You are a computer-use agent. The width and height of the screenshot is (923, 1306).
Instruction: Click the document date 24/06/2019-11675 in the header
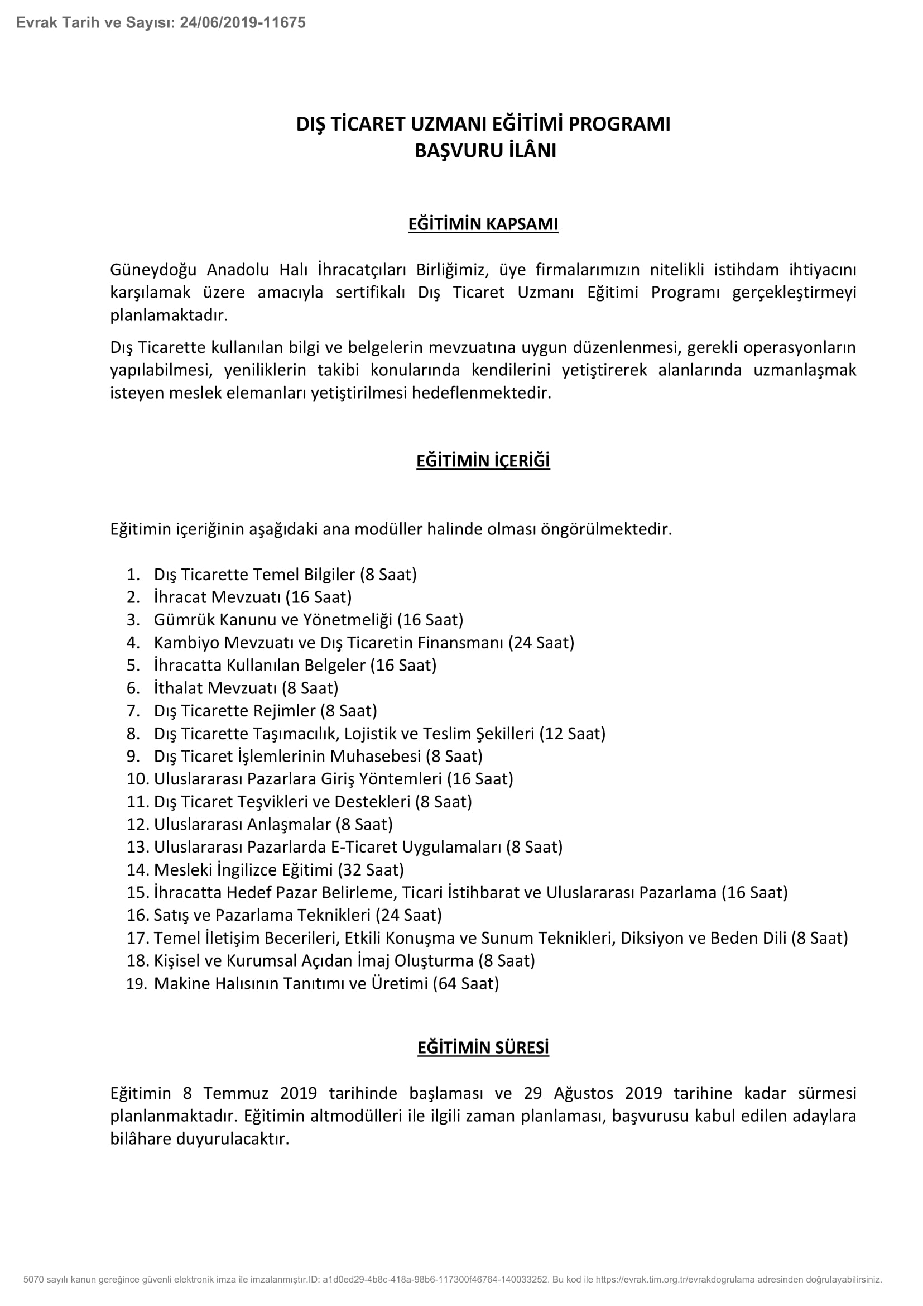point(243,23)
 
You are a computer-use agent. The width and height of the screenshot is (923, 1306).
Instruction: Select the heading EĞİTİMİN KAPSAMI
point(483,224)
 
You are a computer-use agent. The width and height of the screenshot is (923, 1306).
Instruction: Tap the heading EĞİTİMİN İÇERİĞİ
point(483,460)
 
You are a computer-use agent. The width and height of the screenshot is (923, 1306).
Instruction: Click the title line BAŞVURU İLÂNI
point(485,151)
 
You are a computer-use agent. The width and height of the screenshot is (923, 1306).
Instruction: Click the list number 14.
point(137,870)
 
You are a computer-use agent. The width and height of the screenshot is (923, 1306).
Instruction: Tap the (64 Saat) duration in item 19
point(465,983)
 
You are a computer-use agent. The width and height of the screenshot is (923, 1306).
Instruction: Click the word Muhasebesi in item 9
point(375,756)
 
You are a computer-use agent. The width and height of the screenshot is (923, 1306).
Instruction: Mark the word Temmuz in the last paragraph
point(233,1093)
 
